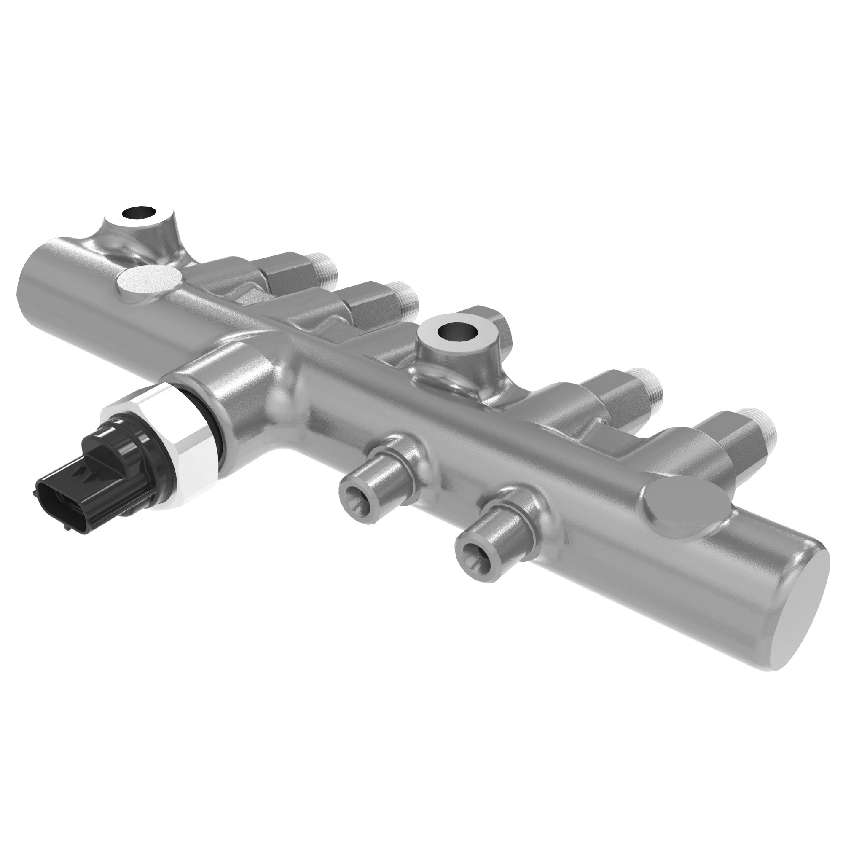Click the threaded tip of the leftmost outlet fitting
click(325, 267)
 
